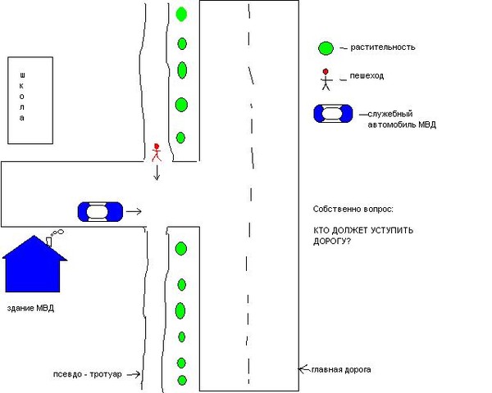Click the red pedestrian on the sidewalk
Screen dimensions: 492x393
(157, 152)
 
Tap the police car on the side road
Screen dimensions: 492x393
(100, 212)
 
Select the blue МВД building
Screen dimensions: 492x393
(34, 264)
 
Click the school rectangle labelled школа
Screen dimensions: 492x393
(30, 100)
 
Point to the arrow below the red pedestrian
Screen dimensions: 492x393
(157, 173)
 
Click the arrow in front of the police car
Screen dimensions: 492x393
(134, 212)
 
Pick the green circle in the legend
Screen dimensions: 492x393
(326, 48)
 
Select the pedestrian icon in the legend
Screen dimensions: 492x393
(326, 79)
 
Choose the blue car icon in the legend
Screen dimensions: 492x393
(333, 114)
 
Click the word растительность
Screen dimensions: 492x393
(382, 47)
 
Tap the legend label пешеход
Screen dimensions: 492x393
(367, 76)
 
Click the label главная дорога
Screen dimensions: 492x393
(341, 370)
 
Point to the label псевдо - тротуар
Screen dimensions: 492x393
(87, 374)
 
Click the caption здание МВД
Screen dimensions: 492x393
(30, 309)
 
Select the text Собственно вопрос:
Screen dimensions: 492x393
(353, 209)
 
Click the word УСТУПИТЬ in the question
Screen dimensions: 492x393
(392, 230)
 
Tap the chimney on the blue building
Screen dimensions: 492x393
(49, 242)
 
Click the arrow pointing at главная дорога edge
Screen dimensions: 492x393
(304, 369)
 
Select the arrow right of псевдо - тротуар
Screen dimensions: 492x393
(134, 374)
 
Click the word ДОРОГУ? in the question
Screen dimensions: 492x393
(332, 242)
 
